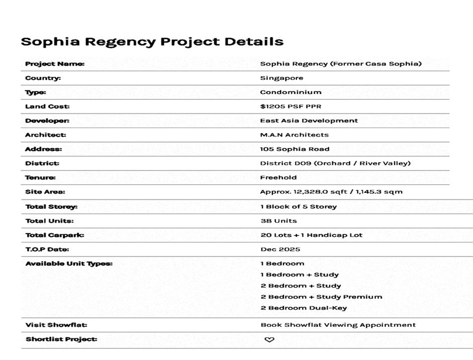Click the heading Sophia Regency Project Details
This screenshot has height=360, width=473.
pos(152,42)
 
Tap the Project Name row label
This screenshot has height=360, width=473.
pos(55,64)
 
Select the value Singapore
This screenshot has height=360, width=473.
pos(281,78)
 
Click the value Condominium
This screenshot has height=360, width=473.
pos(290,92)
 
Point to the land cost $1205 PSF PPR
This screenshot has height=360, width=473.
pos(290,106)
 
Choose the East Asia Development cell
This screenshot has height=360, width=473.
pos(308,121)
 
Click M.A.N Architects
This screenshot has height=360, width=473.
pos(294,135)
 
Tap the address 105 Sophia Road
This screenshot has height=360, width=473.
pos(294,149)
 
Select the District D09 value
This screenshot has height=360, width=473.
pos(335,163)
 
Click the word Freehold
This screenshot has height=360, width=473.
pos(278,177)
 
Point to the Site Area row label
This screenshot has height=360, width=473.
pos(45,192)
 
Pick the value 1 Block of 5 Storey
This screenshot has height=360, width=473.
pos(298,206)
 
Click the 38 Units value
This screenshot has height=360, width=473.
pos(278,221)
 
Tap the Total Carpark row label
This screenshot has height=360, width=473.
pos(55,235)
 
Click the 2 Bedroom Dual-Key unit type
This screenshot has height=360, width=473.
pos(303,308)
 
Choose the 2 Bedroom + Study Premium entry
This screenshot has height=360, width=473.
pos(321,297)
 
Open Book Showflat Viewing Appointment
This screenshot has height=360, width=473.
pos(338,325)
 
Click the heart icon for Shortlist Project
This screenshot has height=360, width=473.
pos(269,339)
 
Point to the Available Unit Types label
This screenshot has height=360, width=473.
pos(69,264)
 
